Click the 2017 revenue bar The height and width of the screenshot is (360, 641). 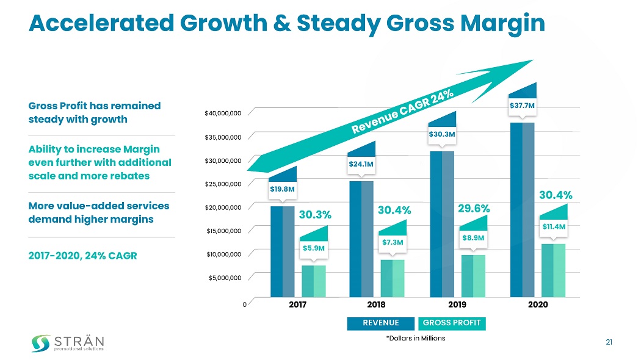click(282, 251)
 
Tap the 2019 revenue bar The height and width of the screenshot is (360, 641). click(442, 224)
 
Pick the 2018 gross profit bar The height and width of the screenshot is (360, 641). click(393, 278)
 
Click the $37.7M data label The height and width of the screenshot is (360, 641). click(522, 106)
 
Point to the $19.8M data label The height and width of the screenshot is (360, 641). click(283, 189)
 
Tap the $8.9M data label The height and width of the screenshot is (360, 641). click(473, 237)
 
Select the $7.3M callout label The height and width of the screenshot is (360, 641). click(393, 242)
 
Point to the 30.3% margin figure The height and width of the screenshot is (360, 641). click(315, 215)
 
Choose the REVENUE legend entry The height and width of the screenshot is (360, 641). click(381, 323)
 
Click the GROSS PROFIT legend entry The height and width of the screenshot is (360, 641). click(452, 323)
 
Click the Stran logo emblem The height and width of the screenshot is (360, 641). click(41, 343)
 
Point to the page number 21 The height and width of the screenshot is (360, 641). click(609, 342)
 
